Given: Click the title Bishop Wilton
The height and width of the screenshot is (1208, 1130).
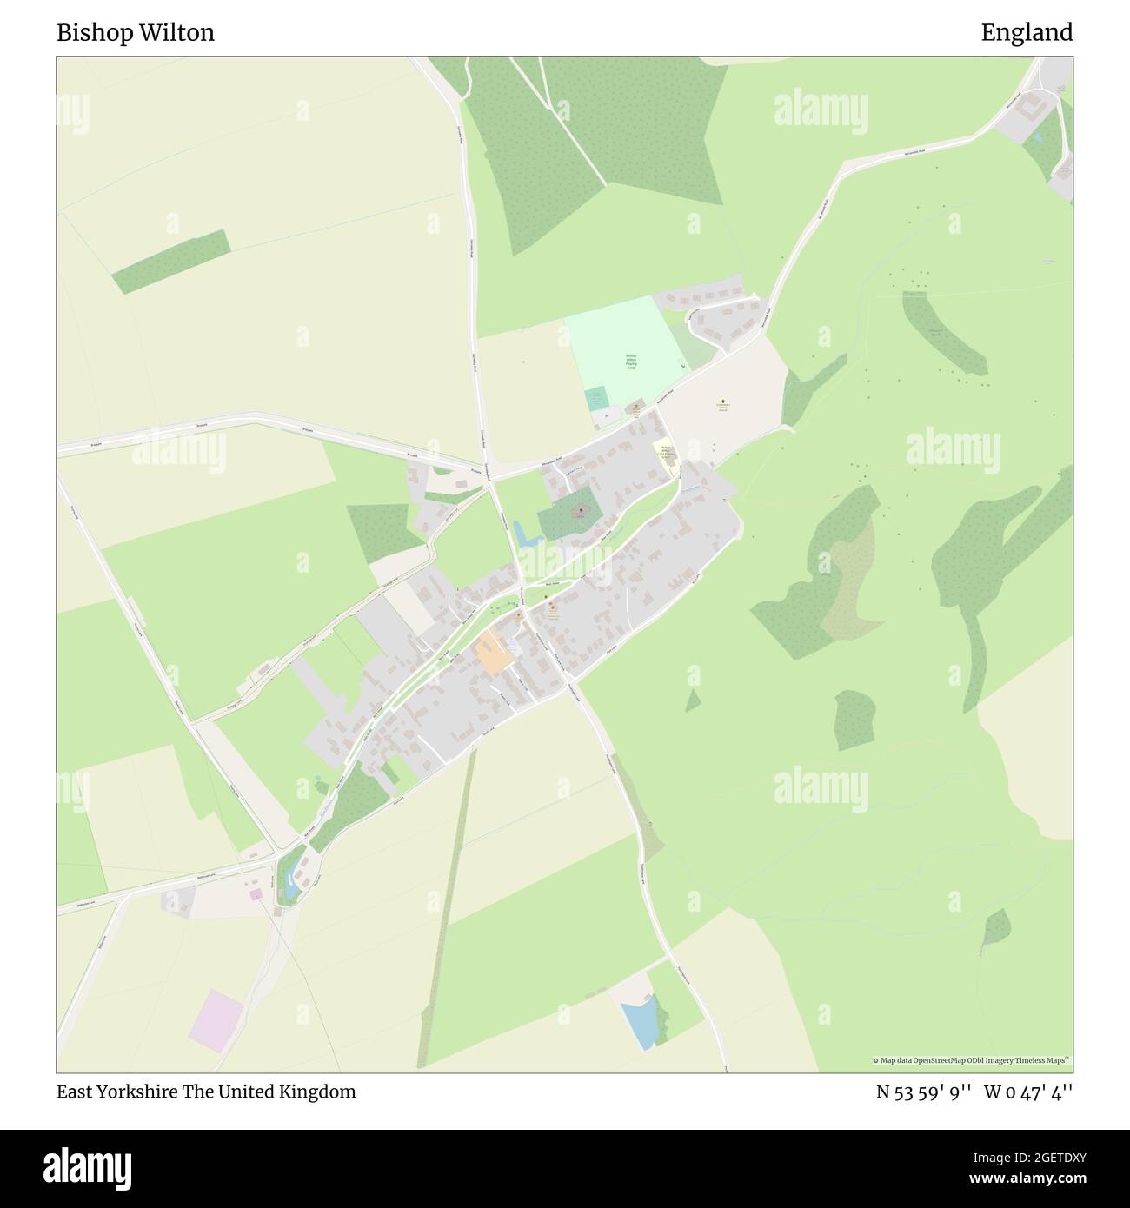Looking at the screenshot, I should (x=136, y=33).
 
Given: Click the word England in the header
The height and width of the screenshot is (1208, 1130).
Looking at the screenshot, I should (x=1027, y=33).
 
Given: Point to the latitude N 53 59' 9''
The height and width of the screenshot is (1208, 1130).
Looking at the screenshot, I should (x=922, y=1092).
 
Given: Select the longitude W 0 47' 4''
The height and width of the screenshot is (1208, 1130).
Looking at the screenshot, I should (x=1028, y=1092).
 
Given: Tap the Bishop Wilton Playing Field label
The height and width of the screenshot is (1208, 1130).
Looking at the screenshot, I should (x=632, y=362).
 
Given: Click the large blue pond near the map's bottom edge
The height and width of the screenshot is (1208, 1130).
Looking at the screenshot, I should (x=641, y=1023).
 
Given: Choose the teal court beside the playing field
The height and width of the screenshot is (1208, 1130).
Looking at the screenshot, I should (x=596, y=400).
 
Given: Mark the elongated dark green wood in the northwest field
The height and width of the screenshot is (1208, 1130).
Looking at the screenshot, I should (x=171, y=261).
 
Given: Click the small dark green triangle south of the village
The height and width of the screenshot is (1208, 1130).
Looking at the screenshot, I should (x=693, y=700).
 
